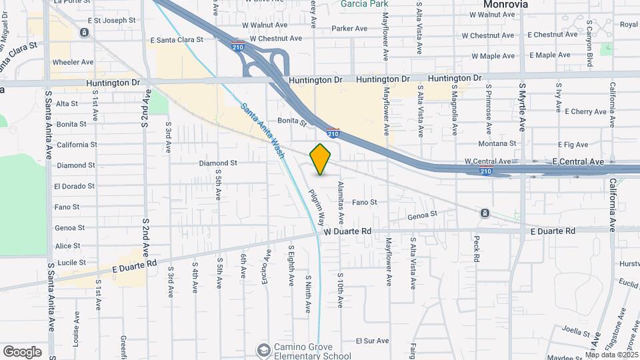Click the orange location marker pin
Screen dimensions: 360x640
pos(321,159)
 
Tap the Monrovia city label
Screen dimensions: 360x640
pos(505,4)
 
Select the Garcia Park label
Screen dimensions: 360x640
pos(364,4)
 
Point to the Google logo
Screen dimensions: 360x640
pos(22,351)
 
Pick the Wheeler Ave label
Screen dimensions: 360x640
pos(73,62)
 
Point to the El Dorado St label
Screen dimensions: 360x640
pos(76,186)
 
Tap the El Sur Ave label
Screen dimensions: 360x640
pos(372,341)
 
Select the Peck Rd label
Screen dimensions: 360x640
pos(476,247)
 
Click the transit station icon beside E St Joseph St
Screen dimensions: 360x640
pos(84,32)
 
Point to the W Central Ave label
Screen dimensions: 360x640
pos(487,161)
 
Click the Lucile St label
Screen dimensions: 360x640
pos(73,263)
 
